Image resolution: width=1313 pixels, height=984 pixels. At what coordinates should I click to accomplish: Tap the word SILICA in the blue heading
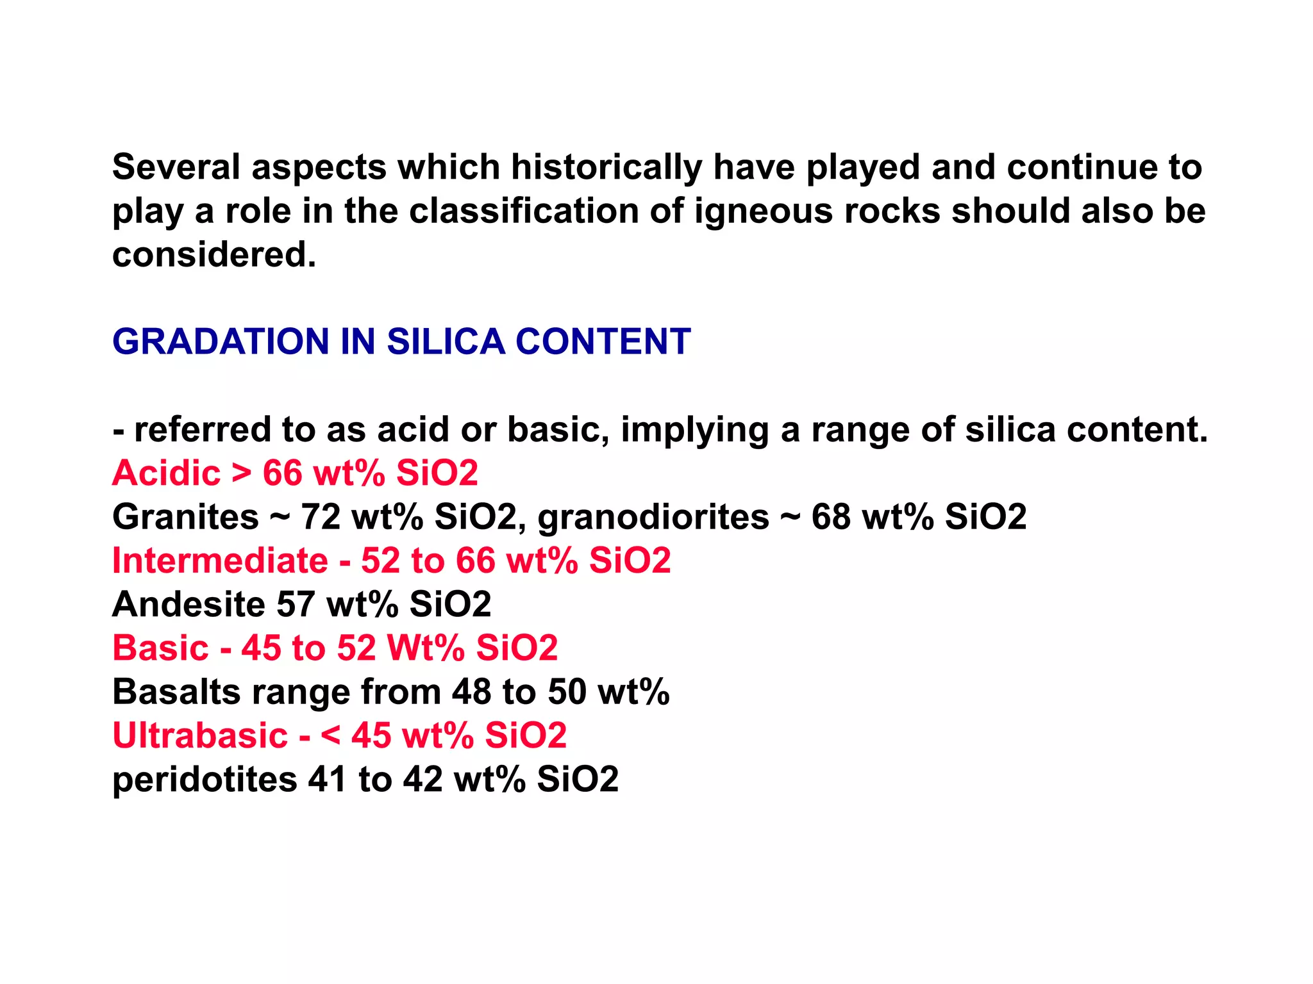point(446,341)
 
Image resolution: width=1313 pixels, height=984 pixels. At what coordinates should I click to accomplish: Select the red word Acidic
point(166,473)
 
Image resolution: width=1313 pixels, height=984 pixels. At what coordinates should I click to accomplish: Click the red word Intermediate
point(220,561)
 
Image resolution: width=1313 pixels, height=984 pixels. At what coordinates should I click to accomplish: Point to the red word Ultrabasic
point(200,735)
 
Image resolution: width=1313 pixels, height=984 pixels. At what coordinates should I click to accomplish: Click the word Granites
point(185,517)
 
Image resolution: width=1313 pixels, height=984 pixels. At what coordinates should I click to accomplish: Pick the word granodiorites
point(653,517)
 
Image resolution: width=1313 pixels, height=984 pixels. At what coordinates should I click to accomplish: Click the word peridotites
point(205,780)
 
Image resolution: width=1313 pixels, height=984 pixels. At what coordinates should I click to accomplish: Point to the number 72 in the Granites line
point(321,517)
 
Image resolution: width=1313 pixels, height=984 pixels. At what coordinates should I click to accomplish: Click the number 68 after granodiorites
point(831,517)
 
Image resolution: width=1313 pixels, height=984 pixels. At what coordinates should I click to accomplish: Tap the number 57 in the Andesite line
point(296,604)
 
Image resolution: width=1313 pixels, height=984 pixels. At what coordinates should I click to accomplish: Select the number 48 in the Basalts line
point(471,692)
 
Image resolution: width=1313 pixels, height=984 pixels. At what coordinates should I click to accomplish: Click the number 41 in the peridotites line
point(328,780)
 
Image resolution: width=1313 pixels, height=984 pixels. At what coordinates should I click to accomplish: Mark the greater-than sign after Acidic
point(242,473)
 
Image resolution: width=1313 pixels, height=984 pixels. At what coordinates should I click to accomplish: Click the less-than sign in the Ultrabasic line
point(330,735)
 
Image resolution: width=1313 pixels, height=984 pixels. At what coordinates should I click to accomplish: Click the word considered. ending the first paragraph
point(214,255)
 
